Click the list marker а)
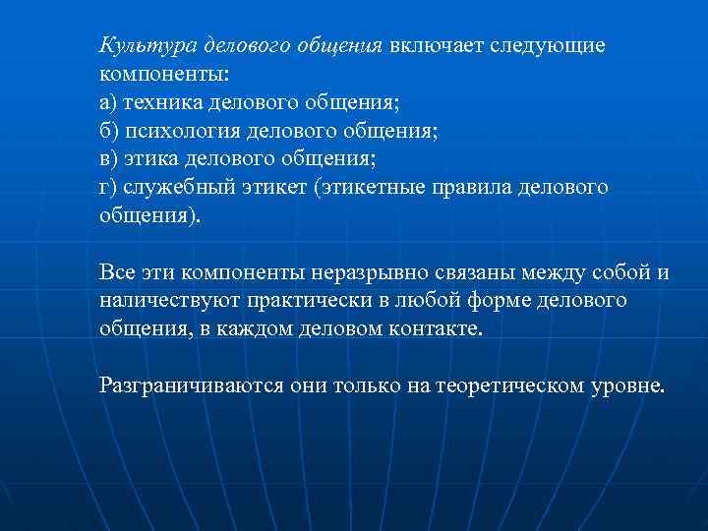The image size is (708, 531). tap(109, 102)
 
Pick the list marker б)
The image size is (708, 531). tap(109, 131)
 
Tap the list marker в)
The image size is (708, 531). tap(109, 158)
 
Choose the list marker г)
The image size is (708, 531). tap(108, 187)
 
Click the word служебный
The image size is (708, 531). tap(180, 187)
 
